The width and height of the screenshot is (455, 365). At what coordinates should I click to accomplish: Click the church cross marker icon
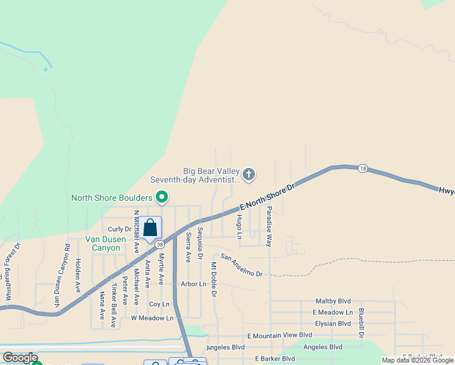(x=248, y=175)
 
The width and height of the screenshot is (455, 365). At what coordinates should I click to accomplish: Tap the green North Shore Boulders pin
(x=162, y=197)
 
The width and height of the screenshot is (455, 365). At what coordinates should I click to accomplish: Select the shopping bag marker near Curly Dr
(x=150, y=228)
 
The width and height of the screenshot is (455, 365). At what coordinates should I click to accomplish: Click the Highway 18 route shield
(x=363, y=168)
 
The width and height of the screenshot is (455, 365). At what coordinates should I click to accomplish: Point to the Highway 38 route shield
(x=159, y=244)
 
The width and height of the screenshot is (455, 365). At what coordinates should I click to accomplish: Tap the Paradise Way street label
(x=269, y=226)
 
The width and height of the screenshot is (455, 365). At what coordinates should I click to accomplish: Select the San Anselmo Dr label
(x=241, y=265)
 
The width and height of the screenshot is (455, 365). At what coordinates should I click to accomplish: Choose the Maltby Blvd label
(x=333, y=301)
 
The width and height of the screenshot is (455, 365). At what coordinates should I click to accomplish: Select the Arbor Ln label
(x=193, y=284)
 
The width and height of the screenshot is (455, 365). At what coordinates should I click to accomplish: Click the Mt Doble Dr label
(x=214, y=280)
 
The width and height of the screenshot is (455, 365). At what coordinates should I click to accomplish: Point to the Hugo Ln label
(x=239, y=226)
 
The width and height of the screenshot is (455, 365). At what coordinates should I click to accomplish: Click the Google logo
(x=20, y=358)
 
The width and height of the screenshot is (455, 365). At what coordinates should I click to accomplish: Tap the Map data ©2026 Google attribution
(x=417, y=360)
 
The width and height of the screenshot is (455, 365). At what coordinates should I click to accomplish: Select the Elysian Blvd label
(x=332, y=324)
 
